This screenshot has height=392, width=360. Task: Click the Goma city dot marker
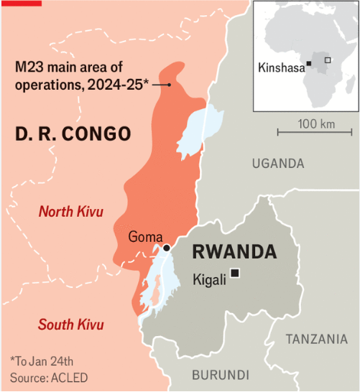point(166,248)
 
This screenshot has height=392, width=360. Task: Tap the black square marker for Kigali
point(235,273)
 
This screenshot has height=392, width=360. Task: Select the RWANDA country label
point(235,252)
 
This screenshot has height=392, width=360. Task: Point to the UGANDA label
point(278,164)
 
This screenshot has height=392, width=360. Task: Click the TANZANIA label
point(317,339)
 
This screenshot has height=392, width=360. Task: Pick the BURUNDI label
point(221,375)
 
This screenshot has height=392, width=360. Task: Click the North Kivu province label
point(71,212)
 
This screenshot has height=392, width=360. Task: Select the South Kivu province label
point(71,325)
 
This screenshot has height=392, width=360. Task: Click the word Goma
point(146,237)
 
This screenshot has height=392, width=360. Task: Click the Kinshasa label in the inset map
point(280,68)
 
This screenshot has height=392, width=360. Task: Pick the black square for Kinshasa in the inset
point(308,64)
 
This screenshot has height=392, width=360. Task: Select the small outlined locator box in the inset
point(328,60)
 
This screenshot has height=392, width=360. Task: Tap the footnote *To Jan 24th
point(42,361)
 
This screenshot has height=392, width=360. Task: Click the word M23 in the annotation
point(30,67)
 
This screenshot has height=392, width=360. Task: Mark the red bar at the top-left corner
point(20,2)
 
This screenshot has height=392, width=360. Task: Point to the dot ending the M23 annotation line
point(169,85)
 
